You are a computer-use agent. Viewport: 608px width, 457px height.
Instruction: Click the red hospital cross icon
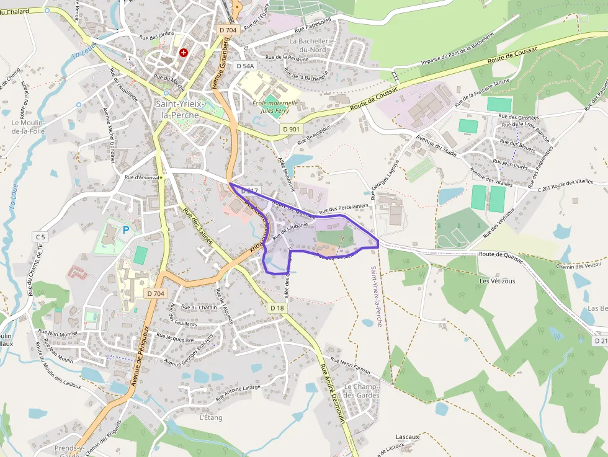coord(184,53)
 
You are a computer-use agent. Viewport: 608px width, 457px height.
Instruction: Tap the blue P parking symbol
coord(126,230)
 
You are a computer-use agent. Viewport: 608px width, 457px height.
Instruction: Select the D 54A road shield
coord(245,66)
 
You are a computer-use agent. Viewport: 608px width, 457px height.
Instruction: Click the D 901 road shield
coord(290,129)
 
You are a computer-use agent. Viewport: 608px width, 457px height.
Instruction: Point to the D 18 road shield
coord(277,308)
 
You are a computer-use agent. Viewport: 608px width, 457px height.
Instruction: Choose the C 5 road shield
coord(41,237)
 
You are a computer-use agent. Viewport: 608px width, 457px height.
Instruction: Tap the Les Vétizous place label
coord(497,281)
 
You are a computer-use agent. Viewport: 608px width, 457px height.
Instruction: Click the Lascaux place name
coord(408,437)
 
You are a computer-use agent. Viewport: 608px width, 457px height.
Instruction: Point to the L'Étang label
coord(211,417)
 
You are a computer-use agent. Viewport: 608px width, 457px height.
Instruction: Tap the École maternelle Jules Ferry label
coord(275,107)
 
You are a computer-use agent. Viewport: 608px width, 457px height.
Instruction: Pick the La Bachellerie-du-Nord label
coord(312,45)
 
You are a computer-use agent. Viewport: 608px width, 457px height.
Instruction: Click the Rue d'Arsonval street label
coord(142,177)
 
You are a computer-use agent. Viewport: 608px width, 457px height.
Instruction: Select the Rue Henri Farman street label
coord(350,365)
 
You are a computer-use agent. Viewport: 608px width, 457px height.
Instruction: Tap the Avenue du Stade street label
coord(437,145)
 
